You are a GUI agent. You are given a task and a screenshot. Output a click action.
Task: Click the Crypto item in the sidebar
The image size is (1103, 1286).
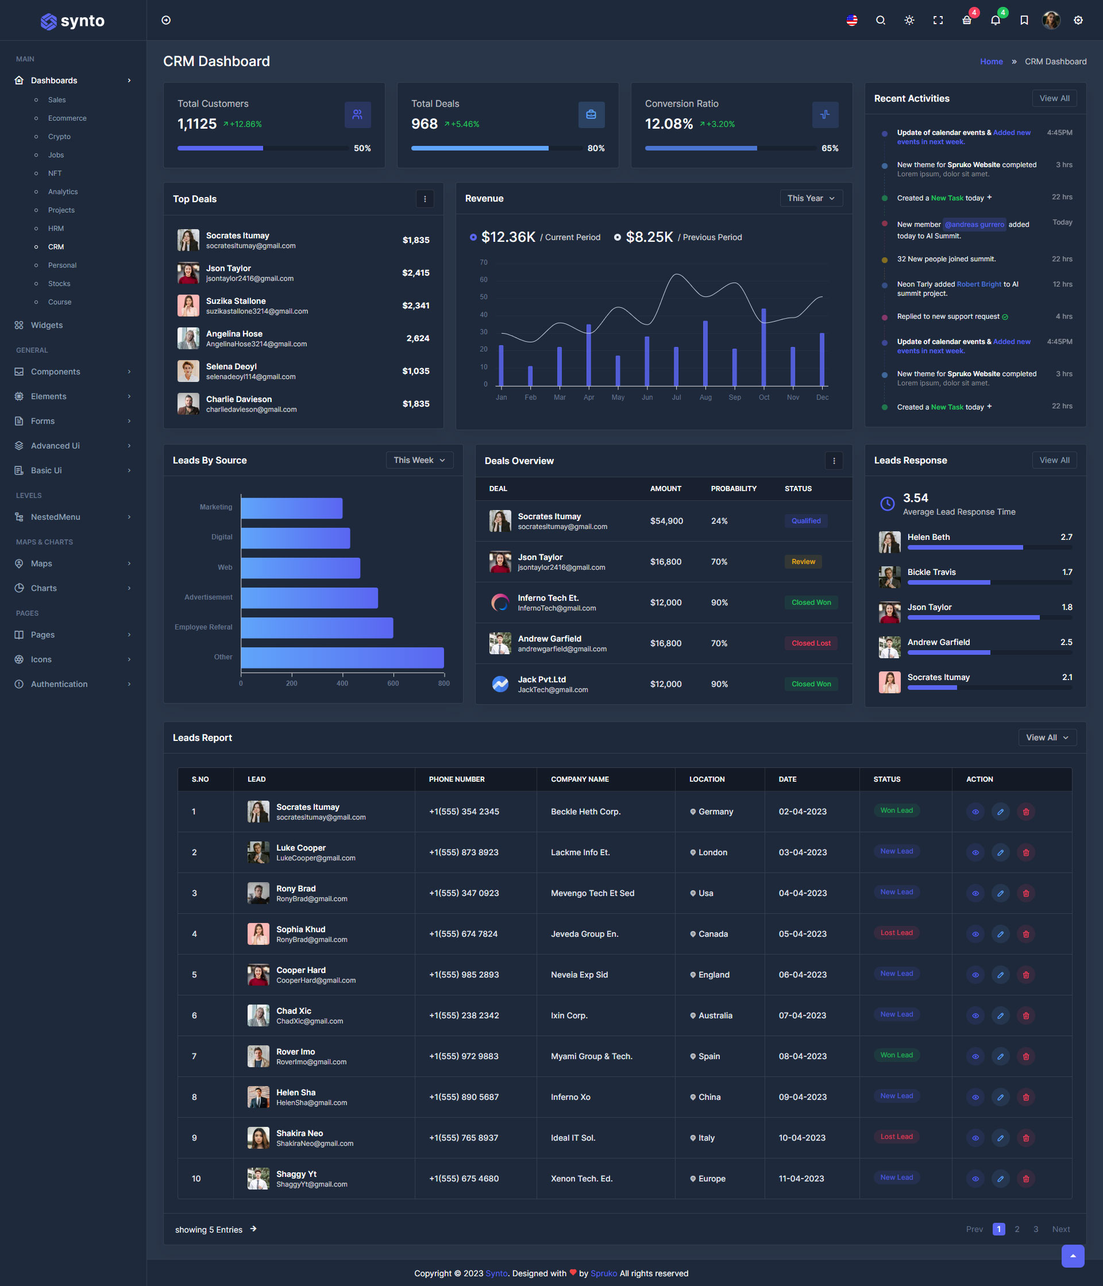pyautogui.click(x=59, y=137)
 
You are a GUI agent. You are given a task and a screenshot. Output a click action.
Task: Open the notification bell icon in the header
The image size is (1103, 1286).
pyautogui.click(x=995, y=21)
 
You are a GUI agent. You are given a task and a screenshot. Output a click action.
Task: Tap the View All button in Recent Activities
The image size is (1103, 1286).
pyautogui.click(x=1054, y=98)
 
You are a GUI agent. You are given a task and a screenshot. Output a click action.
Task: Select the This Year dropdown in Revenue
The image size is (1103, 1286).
pyautogui.click(x=811, y=198)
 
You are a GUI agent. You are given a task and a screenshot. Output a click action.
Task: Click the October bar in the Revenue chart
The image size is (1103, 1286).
pyautogui.click(x=763, y=347)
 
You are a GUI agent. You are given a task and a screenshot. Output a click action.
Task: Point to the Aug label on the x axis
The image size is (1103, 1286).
pyautogui.click(x=705, y=397)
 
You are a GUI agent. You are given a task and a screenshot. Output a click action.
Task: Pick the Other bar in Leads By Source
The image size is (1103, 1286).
pyautogui.click(x=342, y=657)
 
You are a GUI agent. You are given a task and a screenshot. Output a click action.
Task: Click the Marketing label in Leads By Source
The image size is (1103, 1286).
pyautogui.click(x=215, y=507)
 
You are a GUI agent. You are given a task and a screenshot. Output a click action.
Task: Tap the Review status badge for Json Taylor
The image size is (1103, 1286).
pyautogui.click(x=803, y=562)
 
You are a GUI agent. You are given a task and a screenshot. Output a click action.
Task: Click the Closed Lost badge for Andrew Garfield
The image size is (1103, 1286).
pyautogui.click(x=811, y=643)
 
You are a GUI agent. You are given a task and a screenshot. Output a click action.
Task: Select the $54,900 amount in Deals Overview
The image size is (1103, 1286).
pyautogui.click(x=666, y=521)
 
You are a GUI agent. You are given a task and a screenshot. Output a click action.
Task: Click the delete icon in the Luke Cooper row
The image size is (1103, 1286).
pyautogui.click(x=1025, y=853)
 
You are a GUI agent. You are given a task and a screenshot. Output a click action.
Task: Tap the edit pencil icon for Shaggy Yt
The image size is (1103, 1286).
pyautogui.click(x=1000, y=1179)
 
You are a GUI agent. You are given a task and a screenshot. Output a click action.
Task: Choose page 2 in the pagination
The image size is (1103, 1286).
pyautogui.click(x=1017, y=1229)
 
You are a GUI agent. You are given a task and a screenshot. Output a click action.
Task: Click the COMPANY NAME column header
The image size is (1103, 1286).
pyautogui.click(x=580, y=779)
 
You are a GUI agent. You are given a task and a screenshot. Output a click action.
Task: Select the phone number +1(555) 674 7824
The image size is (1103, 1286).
pyautogui.click(x=463, y=934)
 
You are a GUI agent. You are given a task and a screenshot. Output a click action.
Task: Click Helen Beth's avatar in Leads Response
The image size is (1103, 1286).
pyautogui.click(x=889, y=542)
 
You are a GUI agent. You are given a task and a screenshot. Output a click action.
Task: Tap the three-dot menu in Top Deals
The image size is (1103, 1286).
pyautogui.click(x=425, y=199)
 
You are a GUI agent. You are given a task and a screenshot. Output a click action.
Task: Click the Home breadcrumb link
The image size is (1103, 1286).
pyautogui.click(x=990, y=61)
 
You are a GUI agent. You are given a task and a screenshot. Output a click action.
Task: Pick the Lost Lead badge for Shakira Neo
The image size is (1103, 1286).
pyautogui.click(x=896, y=1137)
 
